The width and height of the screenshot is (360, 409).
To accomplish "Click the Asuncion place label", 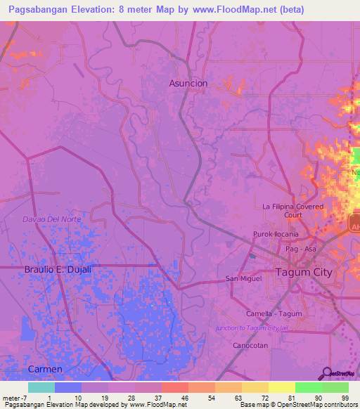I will [x=188, y=83].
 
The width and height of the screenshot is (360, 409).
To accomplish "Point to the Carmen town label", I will [x=45, y=369].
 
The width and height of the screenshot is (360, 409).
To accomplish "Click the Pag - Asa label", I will [x=297, y=249].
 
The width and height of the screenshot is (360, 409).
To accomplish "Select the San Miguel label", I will [x=243, y=278].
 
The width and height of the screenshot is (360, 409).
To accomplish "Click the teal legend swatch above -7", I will [x=41, y=387].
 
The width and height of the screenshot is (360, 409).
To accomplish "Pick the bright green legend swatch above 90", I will [x=308, y=387].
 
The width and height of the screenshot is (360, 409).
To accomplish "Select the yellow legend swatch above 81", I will [x=281, y=387].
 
